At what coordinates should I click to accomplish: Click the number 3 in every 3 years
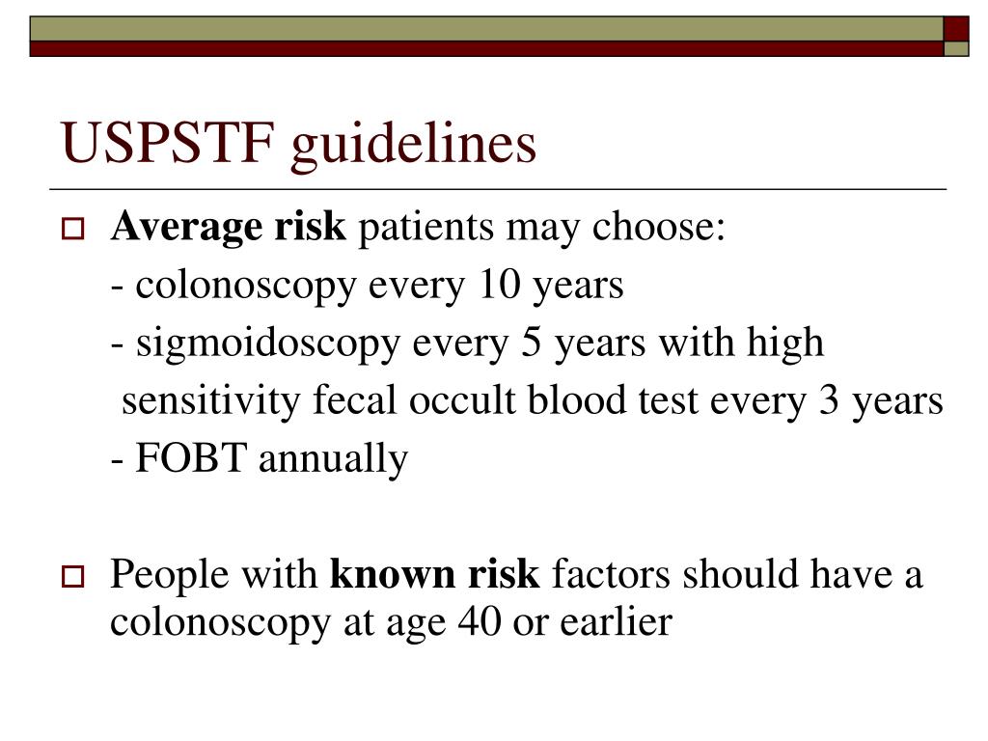point(829,401)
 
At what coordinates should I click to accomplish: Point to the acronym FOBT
point(192,459)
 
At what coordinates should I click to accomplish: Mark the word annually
point(333,459)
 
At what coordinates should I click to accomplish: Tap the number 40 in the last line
point(480,623)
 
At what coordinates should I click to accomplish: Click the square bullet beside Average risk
point(73,231)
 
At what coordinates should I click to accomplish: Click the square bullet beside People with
point(73,578)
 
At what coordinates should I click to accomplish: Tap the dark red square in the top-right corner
point(955,28)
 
